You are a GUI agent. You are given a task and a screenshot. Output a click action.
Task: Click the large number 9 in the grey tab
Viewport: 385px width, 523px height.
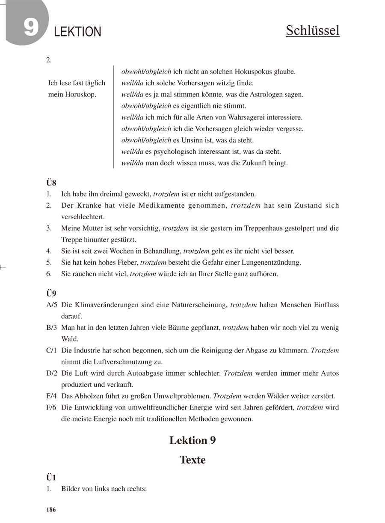[31, 27]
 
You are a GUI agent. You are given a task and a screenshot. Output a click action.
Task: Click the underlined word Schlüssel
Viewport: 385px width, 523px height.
[313, 30]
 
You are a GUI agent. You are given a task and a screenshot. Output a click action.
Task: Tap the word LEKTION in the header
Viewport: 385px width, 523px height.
[78, 32]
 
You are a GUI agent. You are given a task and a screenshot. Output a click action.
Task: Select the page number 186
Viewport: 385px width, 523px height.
[51, 510]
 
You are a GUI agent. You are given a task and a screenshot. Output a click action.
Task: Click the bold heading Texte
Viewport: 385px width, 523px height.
[192, 460]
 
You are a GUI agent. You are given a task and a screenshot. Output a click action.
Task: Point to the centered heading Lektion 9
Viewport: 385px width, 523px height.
[192, 440]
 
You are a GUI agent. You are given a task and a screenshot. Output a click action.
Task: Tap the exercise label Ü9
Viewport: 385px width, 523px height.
[51, 294]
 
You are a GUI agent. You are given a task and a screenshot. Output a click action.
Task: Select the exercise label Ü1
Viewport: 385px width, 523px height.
[51, 478]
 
